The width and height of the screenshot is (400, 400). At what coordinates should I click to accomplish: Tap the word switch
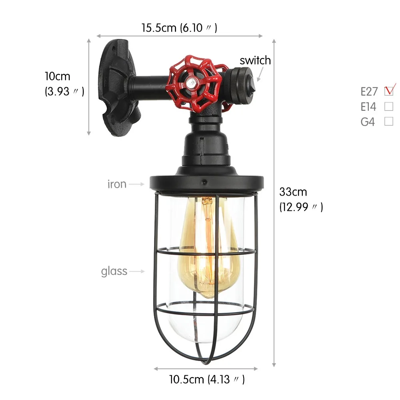pyautogui.click(x=255, y=60)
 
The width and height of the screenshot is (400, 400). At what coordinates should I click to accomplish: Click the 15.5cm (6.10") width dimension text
pyautogui.click(x=179, y=28)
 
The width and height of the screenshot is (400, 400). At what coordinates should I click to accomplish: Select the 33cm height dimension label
pyautogui.click(x=301, y=199)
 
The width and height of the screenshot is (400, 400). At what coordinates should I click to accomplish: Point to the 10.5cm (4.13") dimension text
pyautogui.click(x=207, y=379)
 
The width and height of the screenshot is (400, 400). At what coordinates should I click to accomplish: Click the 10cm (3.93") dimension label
pyautogui.click(x=64, y=84)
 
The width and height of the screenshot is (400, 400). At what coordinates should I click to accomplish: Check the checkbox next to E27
pyautogui.click(x=389, y=91)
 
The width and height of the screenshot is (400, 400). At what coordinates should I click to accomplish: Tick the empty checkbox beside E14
pyautogui.click(x=389, y=106)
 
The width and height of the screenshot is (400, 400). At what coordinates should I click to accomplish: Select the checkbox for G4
pyautogui.click(x=389, y=122)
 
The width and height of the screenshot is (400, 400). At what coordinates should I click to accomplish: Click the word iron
pyautogui.click(x=117, y=184)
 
